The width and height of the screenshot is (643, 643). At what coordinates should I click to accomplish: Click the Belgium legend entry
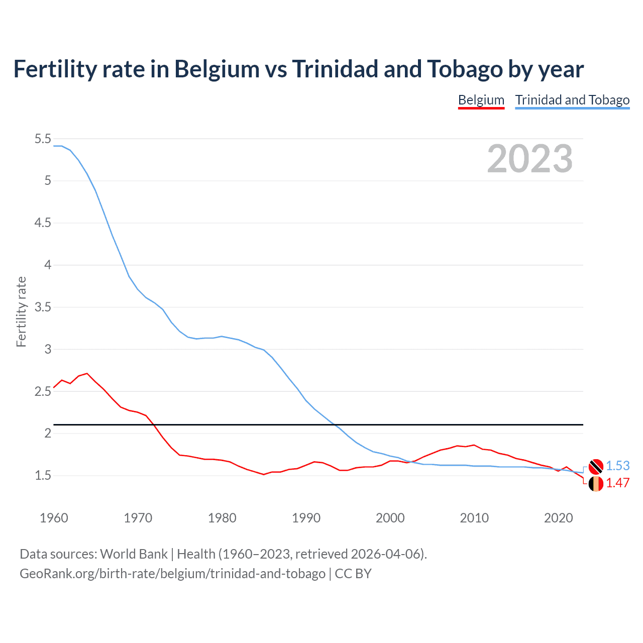481,100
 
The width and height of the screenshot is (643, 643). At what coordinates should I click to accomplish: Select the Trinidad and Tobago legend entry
572,100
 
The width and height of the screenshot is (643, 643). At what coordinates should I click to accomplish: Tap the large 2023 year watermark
529,159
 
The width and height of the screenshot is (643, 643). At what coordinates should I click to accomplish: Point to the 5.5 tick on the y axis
43,139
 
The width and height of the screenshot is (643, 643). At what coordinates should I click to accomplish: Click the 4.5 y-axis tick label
43,223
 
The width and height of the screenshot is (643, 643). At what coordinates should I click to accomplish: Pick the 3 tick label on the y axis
48,349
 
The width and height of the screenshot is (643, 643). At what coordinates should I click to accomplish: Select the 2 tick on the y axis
48,433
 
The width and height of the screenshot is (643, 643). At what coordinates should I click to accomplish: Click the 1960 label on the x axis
54,518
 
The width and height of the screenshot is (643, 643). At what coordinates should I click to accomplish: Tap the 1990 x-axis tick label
306,518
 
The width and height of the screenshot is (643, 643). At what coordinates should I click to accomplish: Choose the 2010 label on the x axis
474,518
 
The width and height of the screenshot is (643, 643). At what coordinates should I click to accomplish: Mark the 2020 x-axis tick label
558,518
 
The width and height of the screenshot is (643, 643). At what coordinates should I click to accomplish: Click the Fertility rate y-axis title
21,311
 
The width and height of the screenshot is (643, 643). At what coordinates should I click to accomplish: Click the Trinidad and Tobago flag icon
596,466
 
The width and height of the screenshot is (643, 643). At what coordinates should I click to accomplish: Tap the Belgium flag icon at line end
596,484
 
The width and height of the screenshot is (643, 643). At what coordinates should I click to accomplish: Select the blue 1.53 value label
618,466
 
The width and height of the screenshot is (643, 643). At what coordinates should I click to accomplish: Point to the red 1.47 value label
618,483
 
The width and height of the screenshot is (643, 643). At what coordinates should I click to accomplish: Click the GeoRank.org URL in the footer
172,573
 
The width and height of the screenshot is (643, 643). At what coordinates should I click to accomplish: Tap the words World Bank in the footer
134,554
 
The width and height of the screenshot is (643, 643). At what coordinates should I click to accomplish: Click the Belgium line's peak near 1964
87,373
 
